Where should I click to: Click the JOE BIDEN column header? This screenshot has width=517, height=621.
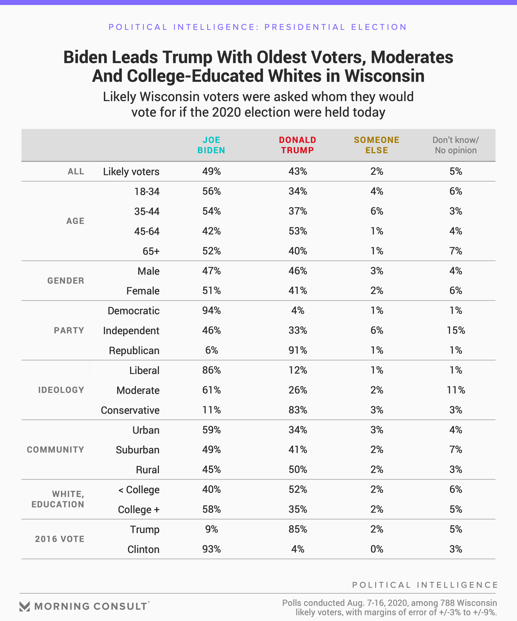[211, 145]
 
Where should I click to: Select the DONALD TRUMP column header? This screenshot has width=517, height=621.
[298, 145]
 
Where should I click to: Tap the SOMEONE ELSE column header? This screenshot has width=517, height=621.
[377, 145]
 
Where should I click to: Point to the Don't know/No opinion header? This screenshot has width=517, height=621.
[456, 145]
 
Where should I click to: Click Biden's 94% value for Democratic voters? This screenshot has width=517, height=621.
[211, 310]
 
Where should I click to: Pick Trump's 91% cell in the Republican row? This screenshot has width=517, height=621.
[298, 350]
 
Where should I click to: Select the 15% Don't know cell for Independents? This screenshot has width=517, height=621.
[456, 330]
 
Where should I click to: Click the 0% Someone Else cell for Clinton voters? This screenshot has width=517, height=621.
[377, 549]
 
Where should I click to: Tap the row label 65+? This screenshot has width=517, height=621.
[151, 251]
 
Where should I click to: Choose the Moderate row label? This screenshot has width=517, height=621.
[138, 390]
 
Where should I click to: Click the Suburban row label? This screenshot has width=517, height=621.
[138, 450]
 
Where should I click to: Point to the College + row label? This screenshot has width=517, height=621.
[139, 509]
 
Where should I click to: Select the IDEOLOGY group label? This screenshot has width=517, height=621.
[61, 390]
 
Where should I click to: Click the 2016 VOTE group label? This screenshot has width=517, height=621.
[60, 539]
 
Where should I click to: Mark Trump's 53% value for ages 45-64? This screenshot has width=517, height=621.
[298, 231]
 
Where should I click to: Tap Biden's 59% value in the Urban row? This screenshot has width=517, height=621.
[211, 430]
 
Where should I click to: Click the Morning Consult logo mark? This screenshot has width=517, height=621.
[25, 606]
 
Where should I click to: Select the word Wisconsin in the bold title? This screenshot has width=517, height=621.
[384, 76]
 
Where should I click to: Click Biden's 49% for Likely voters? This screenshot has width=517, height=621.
[211, 171]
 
